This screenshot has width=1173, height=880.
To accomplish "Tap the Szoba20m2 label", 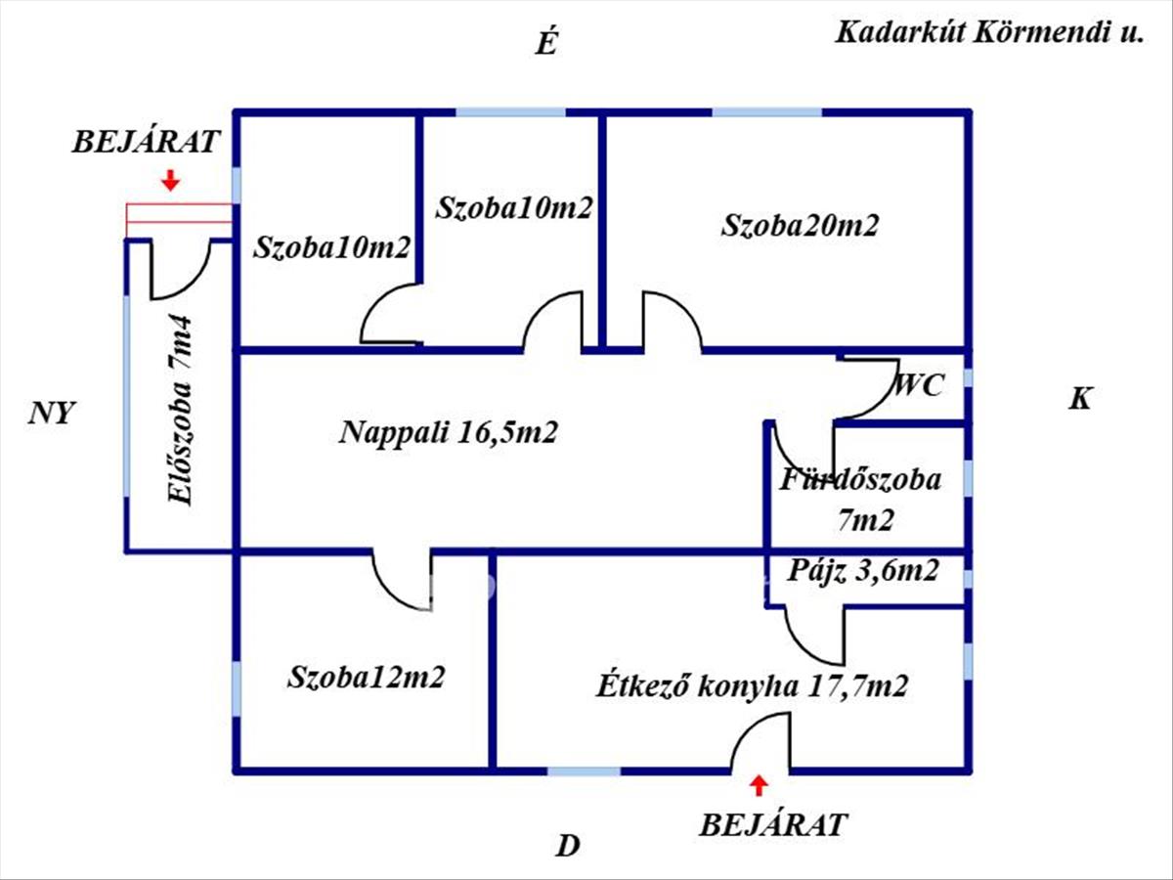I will (800, 226).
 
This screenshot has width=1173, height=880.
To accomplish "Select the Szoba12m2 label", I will (367, 677).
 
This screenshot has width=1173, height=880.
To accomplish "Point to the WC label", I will (919, 385).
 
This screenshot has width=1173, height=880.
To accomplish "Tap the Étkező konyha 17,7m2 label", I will (752, 686).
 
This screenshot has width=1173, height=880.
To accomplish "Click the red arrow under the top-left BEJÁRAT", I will (171, 180).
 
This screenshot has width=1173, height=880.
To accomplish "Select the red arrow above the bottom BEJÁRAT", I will (758, 784).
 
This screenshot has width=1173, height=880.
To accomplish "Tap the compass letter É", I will (546, 44).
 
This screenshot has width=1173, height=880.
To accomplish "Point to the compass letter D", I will (568, 846).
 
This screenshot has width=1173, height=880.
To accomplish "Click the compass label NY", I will (51, 413).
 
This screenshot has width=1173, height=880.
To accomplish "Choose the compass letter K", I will (1079, 399).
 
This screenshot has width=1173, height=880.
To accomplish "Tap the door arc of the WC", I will (870, 391).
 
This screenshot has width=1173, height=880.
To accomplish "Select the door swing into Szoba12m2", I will (401, 582).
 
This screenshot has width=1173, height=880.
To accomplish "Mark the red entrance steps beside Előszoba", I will (179, 220).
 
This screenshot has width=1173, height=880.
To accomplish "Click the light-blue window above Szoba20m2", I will (766, 112).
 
